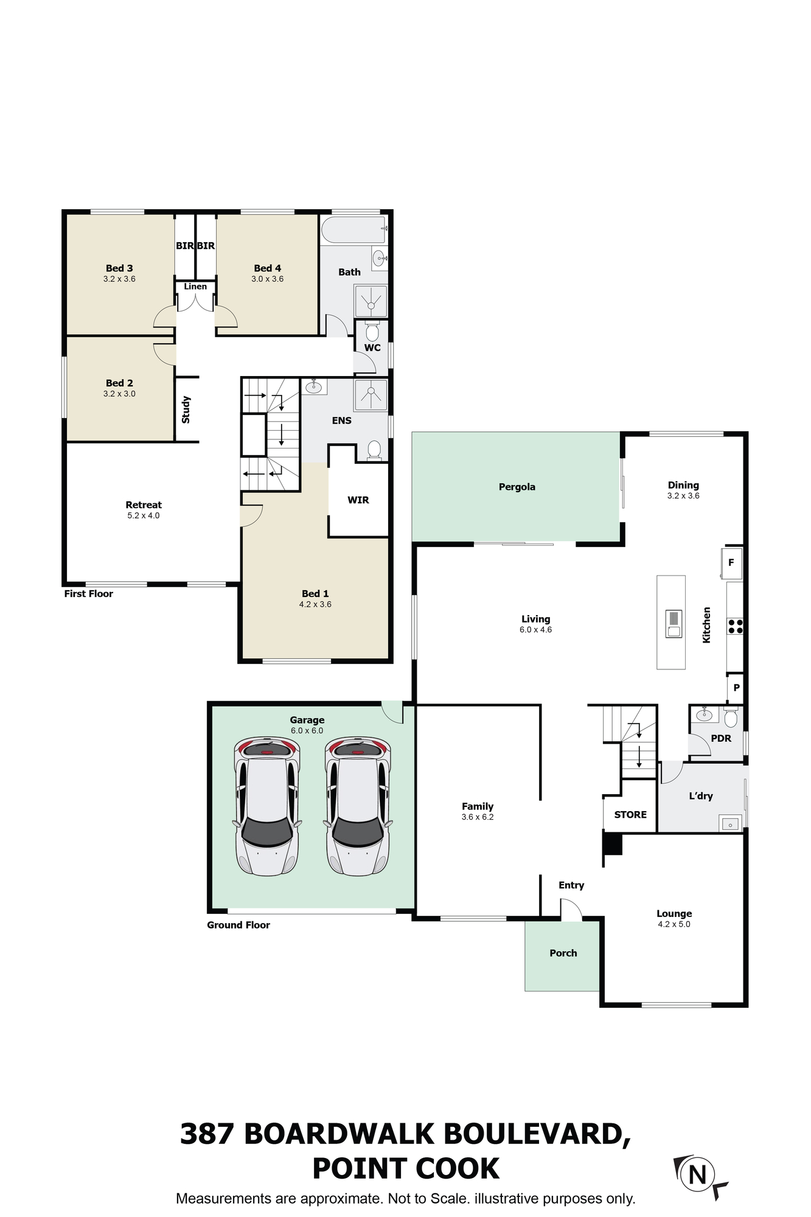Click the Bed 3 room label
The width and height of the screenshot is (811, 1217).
coord(119,268)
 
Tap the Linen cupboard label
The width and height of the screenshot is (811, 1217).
coord(195,287)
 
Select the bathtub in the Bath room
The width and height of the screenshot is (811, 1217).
coord(353,230)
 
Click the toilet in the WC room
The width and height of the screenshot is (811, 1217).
coord(372,332)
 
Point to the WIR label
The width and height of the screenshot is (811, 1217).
coord(358,500)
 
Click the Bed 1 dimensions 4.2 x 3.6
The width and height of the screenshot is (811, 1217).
coord(315,604)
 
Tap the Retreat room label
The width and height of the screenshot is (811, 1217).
coord(144,505)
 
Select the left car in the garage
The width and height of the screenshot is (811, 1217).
coord(267,806)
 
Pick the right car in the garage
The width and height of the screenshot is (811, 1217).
coord(358,806)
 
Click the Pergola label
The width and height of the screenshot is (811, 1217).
coord(517,487)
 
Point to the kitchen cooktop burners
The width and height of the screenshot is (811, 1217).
coord(735,626)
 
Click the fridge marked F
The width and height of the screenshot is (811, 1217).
coord(731,563)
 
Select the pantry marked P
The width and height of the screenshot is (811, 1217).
coord(736,688)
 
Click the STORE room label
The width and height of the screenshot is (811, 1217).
coord(630,815)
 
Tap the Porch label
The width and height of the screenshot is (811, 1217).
coord(563,954)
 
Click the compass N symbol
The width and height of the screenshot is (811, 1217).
coord(698,1174)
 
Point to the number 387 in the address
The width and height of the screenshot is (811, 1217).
coord(207,1134)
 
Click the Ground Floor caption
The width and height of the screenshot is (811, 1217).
coord(238,925)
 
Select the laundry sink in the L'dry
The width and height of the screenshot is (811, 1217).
coord(730,823)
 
